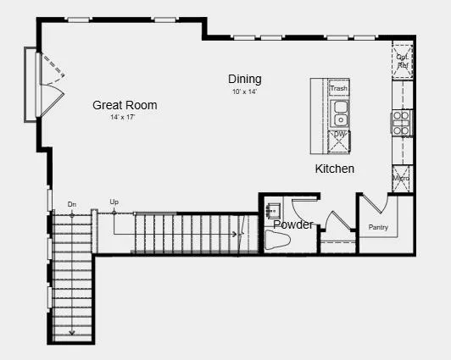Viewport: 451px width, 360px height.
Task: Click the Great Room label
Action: click(x=125, y=105)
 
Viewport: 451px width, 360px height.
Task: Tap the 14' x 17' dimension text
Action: click(x=122, y=117)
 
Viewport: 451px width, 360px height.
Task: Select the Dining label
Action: click(x=244, y=80)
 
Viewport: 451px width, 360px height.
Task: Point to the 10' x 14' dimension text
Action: click(x=243, y=91)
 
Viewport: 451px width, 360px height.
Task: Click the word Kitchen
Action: click(x=335, y=169)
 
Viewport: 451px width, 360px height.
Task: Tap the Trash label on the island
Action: click(x=339, y=88)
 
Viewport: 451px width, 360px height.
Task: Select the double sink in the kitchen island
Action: click(x=339, y=112)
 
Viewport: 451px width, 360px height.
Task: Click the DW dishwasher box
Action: click(x=339, y=136)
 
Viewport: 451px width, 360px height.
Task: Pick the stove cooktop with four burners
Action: click(x=401, y=122)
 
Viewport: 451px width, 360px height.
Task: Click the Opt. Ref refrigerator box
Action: click(x=402, y=61)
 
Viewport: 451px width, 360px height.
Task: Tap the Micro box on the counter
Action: click(x=402, y=179)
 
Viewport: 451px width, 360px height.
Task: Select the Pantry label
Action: click(x=379, y=227)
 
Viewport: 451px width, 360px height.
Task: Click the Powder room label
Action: click(x=292, y=224)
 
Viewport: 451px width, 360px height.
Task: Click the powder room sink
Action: click(x=274, y=208)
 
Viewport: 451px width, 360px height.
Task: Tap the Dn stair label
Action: click(x=72, y=204)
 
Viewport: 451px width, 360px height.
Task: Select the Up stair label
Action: click(x=114, y=202)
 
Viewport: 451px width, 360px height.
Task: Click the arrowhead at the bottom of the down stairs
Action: click(x=72, y=332)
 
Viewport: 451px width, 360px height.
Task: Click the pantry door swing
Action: click(x=376, y=203)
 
